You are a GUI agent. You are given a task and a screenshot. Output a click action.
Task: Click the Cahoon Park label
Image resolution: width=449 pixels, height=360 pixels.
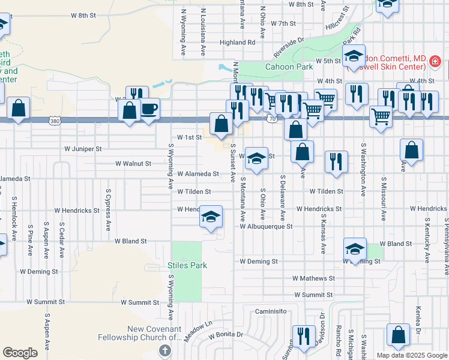(289, 67)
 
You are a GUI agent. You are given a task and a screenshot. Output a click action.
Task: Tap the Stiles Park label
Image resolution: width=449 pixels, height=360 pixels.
(187, 265)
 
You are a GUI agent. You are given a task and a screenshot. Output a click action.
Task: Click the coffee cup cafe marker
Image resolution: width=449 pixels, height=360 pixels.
(149, 110)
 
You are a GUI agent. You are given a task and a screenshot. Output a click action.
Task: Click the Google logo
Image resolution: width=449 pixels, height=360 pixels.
(20, 353)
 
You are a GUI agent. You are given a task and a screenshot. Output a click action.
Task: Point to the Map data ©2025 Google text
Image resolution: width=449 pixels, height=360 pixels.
(412, 355)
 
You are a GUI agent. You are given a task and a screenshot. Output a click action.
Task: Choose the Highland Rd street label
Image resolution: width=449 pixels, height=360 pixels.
(237, 43)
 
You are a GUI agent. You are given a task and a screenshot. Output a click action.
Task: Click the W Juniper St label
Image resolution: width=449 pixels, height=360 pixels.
(83, 148)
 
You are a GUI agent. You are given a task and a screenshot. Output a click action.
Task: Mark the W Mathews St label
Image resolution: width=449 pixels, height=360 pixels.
(313, 278)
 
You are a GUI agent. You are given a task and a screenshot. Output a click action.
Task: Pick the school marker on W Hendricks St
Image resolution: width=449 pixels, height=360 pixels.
(211, 217)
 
